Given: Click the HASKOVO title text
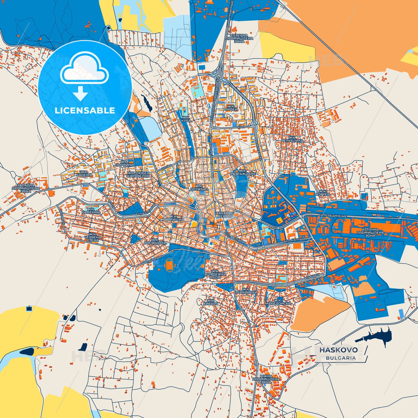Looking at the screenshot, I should (x=338, y=350).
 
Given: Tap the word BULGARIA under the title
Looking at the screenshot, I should (x=341, y=358).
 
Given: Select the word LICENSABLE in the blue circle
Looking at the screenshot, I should (x=85, y=111).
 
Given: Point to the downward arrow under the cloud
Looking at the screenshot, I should (x=80, y=93).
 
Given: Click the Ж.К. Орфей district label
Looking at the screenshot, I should (x=231, y=108).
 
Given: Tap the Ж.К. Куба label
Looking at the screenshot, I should (x=186, y=119).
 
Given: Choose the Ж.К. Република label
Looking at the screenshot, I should (x=292, y=139).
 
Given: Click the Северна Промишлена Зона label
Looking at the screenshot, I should (x=239, y=38).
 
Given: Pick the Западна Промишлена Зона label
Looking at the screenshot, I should (x=25, y=188).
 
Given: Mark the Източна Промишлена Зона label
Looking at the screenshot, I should (x=370, y=232).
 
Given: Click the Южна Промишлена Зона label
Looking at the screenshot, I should (x=266, y=379).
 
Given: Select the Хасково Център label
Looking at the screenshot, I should (x=225, y=215).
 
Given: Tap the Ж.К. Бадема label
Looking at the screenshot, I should (x=84, y=173).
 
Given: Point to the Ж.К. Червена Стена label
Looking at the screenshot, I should (x=93, y=237).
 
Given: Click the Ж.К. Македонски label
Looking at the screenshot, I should (x=278, y=302).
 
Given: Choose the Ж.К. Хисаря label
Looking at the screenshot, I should (x=210, y=302).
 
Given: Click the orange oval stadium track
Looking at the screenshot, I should (x=169, y=265).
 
